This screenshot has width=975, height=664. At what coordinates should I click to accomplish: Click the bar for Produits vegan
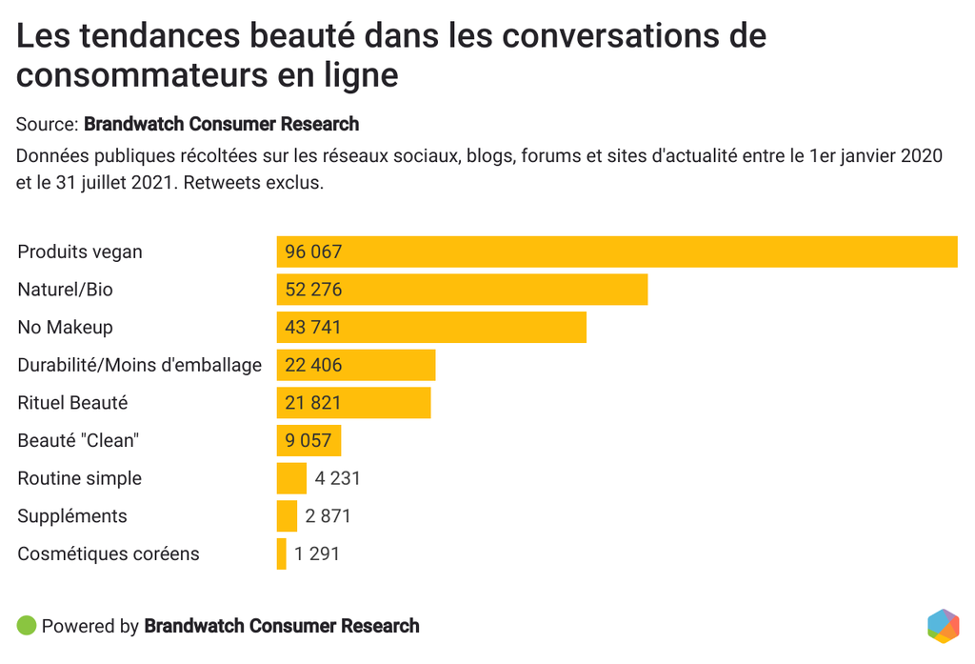click(x=617, y=252)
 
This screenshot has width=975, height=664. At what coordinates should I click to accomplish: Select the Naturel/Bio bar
click(x=462, y=290)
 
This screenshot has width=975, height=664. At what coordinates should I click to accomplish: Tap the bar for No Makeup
click(x=431, y=327)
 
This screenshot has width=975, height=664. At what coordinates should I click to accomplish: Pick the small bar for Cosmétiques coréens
click(x=282, y=553)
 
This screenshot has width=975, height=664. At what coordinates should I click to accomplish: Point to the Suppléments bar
click(x=287, y=516)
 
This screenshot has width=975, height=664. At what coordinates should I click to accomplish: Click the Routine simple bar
click(x=291, y=478)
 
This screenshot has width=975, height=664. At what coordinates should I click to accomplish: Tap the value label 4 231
click(x=338, y=478)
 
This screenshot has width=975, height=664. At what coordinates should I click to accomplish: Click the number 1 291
click(x=317, y=553)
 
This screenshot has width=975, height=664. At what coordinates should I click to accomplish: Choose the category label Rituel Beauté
click(x=72, y=403)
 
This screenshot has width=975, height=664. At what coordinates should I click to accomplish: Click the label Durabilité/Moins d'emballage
click(x=139, y=365)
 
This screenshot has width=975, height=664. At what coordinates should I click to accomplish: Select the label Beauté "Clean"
click(x=78, y=440)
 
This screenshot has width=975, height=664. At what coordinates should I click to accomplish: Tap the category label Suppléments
click(x=72, y=516)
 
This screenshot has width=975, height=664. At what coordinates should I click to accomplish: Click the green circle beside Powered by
click(x=27, y=626)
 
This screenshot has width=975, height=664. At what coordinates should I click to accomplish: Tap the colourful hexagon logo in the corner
click(x=943, y=626)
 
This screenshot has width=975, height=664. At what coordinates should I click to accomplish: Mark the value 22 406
click(x=313, y=365)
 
